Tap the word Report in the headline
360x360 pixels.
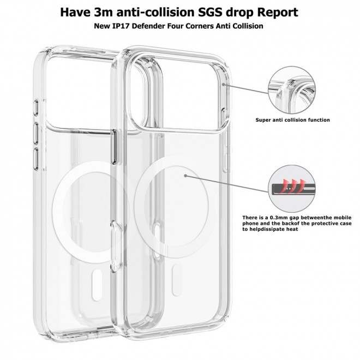coord(277,13)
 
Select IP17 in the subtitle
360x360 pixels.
coord(121,26)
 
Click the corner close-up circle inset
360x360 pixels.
coord(292,90)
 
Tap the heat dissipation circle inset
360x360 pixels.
coord(292,189)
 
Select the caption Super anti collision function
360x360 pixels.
coord(292,120)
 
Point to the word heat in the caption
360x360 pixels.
coord(292,229)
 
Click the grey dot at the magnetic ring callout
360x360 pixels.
coord(185,176)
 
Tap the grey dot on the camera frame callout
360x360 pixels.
coord(223,85)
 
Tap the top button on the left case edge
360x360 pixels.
coord(36,107)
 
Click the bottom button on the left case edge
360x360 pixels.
coord(36,159)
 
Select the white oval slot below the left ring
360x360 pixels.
coord(97,285)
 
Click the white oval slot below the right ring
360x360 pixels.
coord(177,280)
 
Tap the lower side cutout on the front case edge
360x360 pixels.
coord(116,247)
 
